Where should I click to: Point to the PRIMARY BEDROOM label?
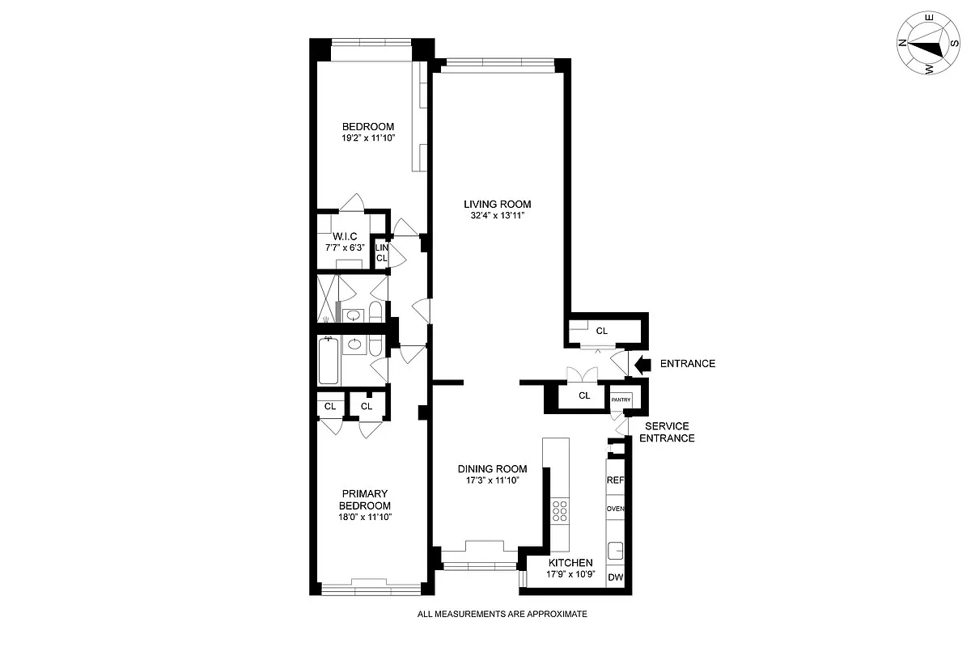pyautogui.click(x=366, y=500)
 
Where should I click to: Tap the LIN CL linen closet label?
pyautogui.click(x=382, y=252)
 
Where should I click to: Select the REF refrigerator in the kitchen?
pyautogui.click(x=615, y=480)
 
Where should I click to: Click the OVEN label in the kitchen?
pyautogui.click(x=615, y=509)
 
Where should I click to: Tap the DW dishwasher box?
pyautogui.click(x=615, y=577)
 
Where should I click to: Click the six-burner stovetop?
pyautogui.click(x=559, y=511)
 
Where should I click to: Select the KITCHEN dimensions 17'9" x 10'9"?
pyautogui.click(x=570, y=576)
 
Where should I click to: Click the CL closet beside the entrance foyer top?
pyautogui.click(x=602, y=330)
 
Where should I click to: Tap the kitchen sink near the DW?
pyautogui.click(x=616, y=551)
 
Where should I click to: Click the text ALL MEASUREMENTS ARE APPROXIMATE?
pyautogui.click(x=502, y=614)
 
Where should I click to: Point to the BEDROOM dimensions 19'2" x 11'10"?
pyautogui.click(x=367, y=138)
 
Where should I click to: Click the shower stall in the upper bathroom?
pyautogui.click(x=327, y=299)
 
